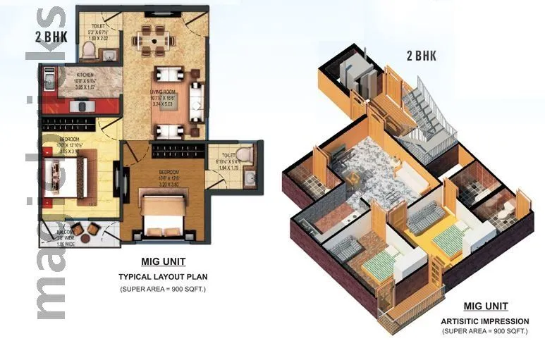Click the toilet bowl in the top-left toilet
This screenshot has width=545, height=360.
(x=88, y=49)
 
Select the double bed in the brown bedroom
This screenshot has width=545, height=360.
(x=163, y=212)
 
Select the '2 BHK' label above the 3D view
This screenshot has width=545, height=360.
(x=420, y=56)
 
